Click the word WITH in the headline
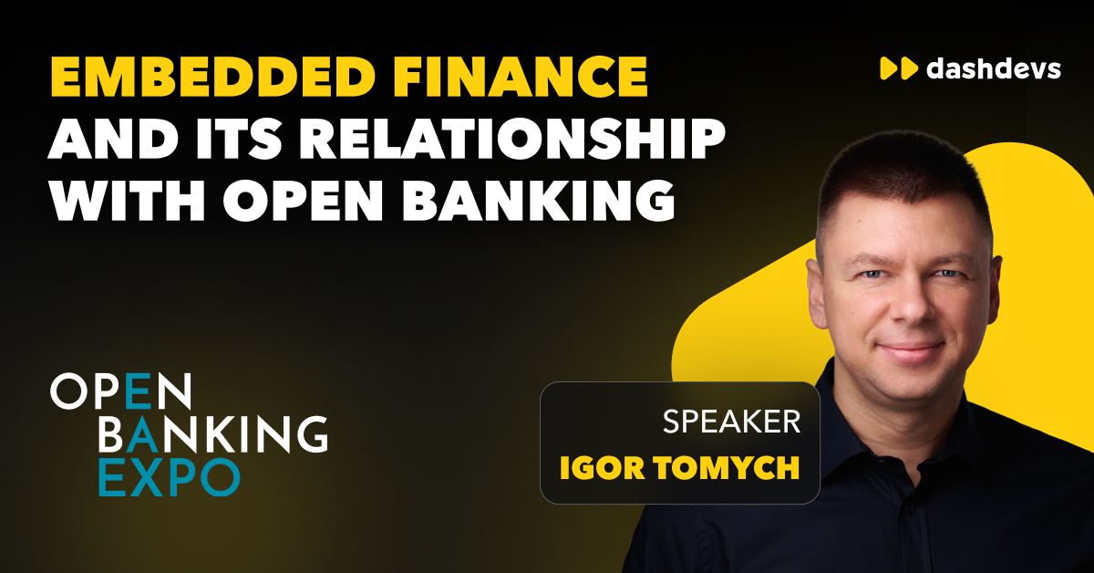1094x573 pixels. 128,201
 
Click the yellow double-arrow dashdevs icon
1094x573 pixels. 899,68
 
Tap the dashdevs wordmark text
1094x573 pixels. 994,68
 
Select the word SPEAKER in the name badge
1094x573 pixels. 731,422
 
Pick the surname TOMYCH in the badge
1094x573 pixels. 727,468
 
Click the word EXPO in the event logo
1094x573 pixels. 170,477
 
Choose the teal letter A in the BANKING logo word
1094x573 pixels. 142,433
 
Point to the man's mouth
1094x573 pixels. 910,350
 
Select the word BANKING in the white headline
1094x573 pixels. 539,201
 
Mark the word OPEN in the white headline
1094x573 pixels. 304,201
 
